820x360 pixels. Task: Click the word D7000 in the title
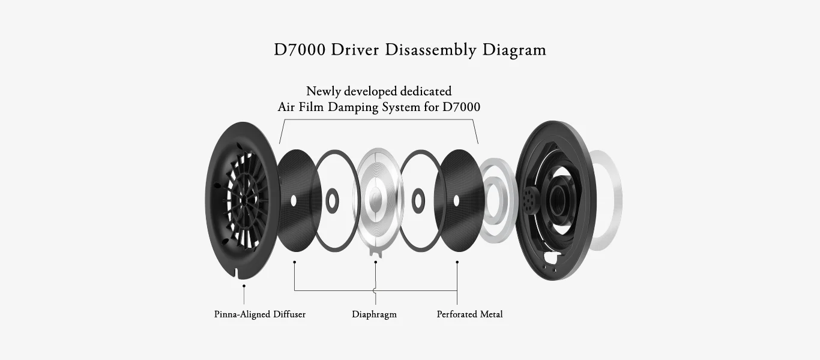(300, 49)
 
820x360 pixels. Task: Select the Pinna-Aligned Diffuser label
(260, 314)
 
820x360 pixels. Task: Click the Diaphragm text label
(374, 314)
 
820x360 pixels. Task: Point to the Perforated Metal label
(469, 314)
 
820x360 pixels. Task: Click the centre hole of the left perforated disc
(293, 200)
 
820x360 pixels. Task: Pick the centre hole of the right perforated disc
(456, 200)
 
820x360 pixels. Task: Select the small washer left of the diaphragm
(331, 200)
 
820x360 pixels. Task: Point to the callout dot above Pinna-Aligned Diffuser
(244, 286)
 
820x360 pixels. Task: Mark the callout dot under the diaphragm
(376, 262)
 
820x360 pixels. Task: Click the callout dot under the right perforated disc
(457, 262)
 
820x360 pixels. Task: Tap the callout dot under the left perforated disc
(294, 262)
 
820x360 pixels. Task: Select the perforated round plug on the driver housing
(529, 195)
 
